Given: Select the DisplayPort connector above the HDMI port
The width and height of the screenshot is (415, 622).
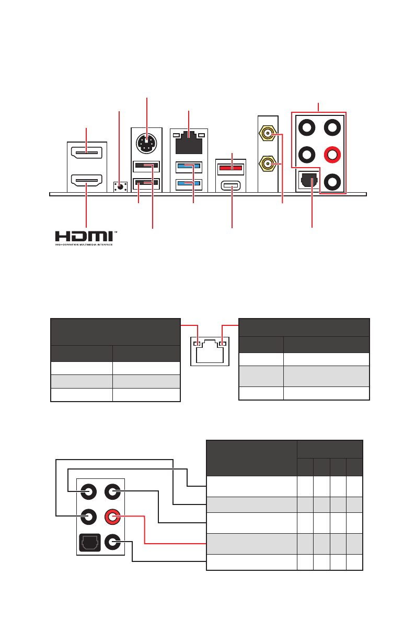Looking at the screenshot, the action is click(x=87, y=154).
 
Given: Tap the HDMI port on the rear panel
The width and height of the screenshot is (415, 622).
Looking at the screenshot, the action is click(x=87, y=182).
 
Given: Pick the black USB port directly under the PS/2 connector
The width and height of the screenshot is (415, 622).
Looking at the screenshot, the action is click(x=147, y=166).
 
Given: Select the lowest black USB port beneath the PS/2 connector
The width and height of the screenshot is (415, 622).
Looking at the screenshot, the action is click(x=147, y=183).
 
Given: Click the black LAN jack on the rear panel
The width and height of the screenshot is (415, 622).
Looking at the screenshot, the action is click(x=189, y=143).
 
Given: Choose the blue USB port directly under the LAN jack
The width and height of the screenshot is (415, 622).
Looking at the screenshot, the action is click(x=189, y=167).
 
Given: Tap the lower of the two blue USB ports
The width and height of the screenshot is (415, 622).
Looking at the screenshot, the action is click(x=189, y=183).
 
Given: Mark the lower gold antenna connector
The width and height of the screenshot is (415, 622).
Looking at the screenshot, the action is click(x=268, y=164).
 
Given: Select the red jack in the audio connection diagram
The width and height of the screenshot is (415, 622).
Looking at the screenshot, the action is click(x=113, y=517).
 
